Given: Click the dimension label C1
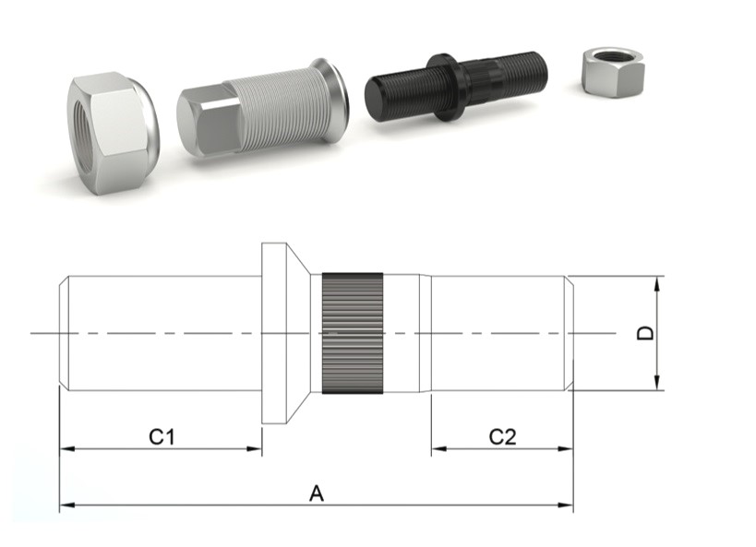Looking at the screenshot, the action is pos(162,436).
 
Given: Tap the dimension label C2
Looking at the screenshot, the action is pos(502,436).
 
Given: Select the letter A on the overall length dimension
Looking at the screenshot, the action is pos(317,493).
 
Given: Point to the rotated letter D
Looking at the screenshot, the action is pos(645,333).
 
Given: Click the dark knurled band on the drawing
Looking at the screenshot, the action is pos(353,333).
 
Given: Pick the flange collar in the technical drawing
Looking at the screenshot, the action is pos(285,333).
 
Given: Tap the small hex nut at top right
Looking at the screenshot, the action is pos(613,72).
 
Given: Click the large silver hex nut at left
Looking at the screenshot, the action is pos(113,133).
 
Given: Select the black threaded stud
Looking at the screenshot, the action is pos(456,88).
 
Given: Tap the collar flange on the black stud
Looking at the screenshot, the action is pos(447,88).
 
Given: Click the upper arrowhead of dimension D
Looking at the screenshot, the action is pos(656,284).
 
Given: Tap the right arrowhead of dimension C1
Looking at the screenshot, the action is pos(254,448).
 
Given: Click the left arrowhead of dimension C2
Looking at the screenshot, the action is pos(439,448).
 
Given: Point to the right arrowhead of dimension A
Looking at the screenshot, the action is pos(566,505).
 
